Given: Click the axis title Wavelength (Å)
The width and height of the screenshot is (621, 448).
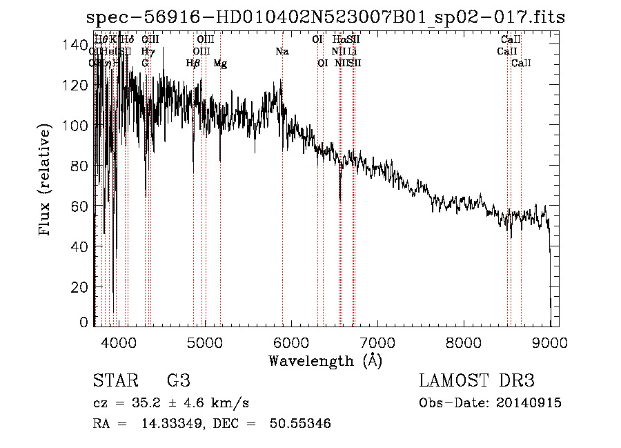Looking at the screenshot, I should tap(325, 360).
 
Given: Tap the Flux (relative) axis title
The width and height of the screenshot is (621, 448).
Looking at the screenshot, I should tap(46, 181).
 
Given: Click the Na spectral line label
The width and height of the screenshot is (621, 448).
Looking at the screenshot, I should tap(282, 52).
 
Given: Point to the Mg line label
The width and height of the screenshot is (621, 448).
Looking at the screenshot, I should tap(220, 64).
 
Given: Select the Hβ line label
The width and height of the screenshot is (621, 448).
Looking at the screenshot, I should tap(193, 64).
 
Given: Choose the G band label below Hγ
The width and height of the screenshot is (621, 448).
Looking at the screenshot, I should tap(145, 64).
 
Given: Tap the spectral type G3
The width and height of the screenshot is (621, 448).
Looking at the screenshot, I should tap(178, 381).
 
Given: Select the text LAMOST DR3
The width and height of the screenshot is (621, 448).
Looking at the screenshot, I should tap(477, 381).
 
